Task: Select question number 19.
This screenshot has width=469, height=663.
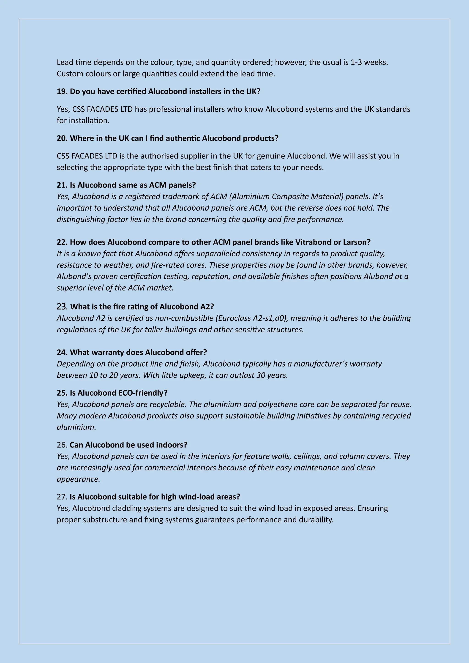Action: (62, 92)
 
